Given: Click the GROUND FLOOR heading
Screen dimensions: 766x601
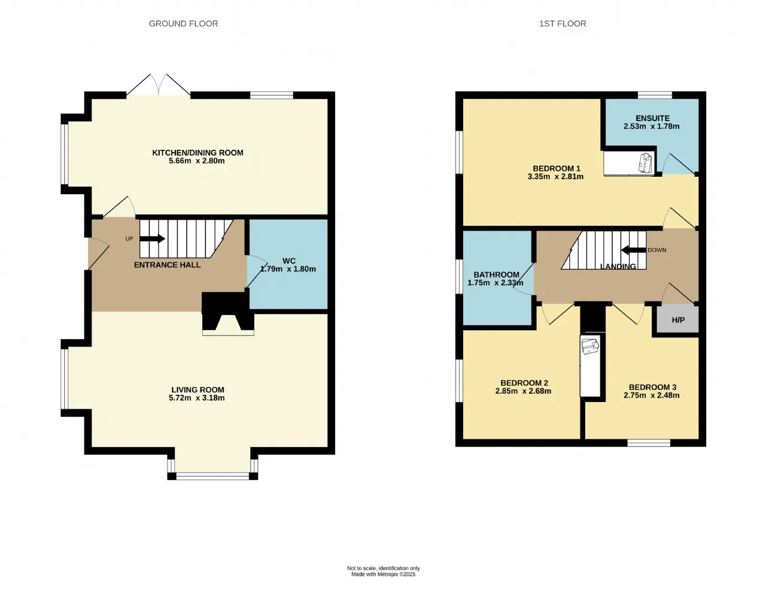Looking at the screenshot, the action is pyautogui.click(x=183, y=23).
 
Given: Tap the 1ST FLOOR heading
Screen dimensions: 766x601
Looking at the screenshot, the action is pyautogui.click(x=563, y=23).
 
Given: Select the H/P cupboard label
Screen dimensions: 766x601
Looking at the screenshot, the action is pyautogui.click(x=678, y=320).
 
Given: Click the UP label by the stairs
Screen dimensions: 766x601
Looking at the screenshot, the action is pyautogui.click(x=129, y=239).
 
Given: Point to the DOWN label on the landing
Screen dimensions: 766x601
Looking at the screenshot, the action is pyautogui.click(x=657, y=250).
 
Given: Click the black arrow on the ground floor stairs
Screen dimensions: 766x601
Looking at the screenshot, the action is pyautogui.click(x=152, y=238).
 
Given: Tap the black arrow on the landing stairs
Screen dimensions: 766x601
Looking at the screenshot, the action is pyautogui.click(x=634, y=250).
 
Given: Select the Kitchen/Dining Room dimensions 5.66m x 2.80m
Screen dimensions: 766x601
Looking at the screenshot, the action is pyautogui.click(x=197, y=161).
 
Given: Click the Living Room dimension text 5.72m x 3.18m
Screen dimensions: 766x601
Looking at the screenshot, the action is pyautogui.click(x=197, y=398).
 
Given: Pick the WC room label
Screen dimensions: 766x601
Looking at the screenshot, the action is pyautogui.click(x=289, y=261).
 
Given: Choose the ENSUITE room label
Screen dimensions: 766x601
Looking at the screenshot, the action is pyautogui.click(x=652, y=118).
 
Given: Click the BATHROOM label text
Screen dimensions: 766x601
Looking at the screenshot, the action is pyautogui.click(x=496, y=274).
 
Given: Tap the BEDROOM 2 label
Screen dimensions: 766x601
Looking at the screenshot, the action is pyautogui.click(x=524, y=383).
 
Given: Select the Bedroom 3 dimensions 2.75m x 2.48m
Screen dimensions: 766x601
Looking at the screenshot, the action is pyautogui.click(x=652, y=395).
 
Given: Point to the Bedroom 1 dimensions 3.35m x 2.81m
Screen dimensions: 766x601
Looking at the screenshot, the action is pyautogui.click(x=555, y=176).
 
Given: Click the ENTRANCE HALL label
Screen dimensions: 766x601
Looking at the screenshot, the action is pyautogui.click(x=168, y=265).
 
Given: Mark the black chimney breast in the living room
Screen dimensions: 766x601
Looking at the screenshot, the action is pyautogui.click(x=228, y=312).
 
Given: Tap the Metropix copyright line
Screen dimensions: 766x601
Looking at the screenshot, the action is pyautogui.click(x=384, y=574).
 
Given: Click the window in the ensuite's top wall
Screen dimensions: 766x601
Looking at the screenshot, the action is pyautogui.click(x=655, y=95).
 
